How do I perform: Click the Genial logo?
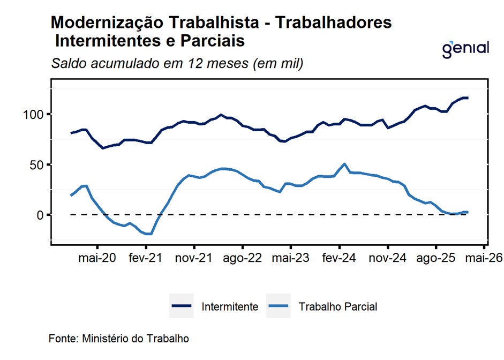tap(465, 48)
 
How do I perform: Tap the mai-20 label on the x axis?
tap(97, 258)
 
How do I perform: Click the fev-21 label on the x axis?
tap(146, 258)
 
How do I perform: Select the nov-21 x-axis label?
tap(194, 258)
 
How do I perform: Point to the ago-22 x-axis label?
tap(243, 258)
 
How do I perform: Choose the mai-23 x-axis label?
tap(291, 258)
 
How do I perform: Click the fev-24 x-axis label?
tap(339, 258)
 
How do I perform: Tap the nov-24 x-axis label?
tap(387, 258)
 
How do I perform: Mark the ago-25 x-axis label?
tap(435, 258)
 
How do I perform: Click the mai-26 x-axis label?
tap(484, 258)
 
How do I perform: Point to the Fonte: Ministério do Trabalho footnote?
tap(119, 339)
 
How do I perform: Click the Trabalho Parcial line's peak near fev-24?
tap(344, 164)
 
